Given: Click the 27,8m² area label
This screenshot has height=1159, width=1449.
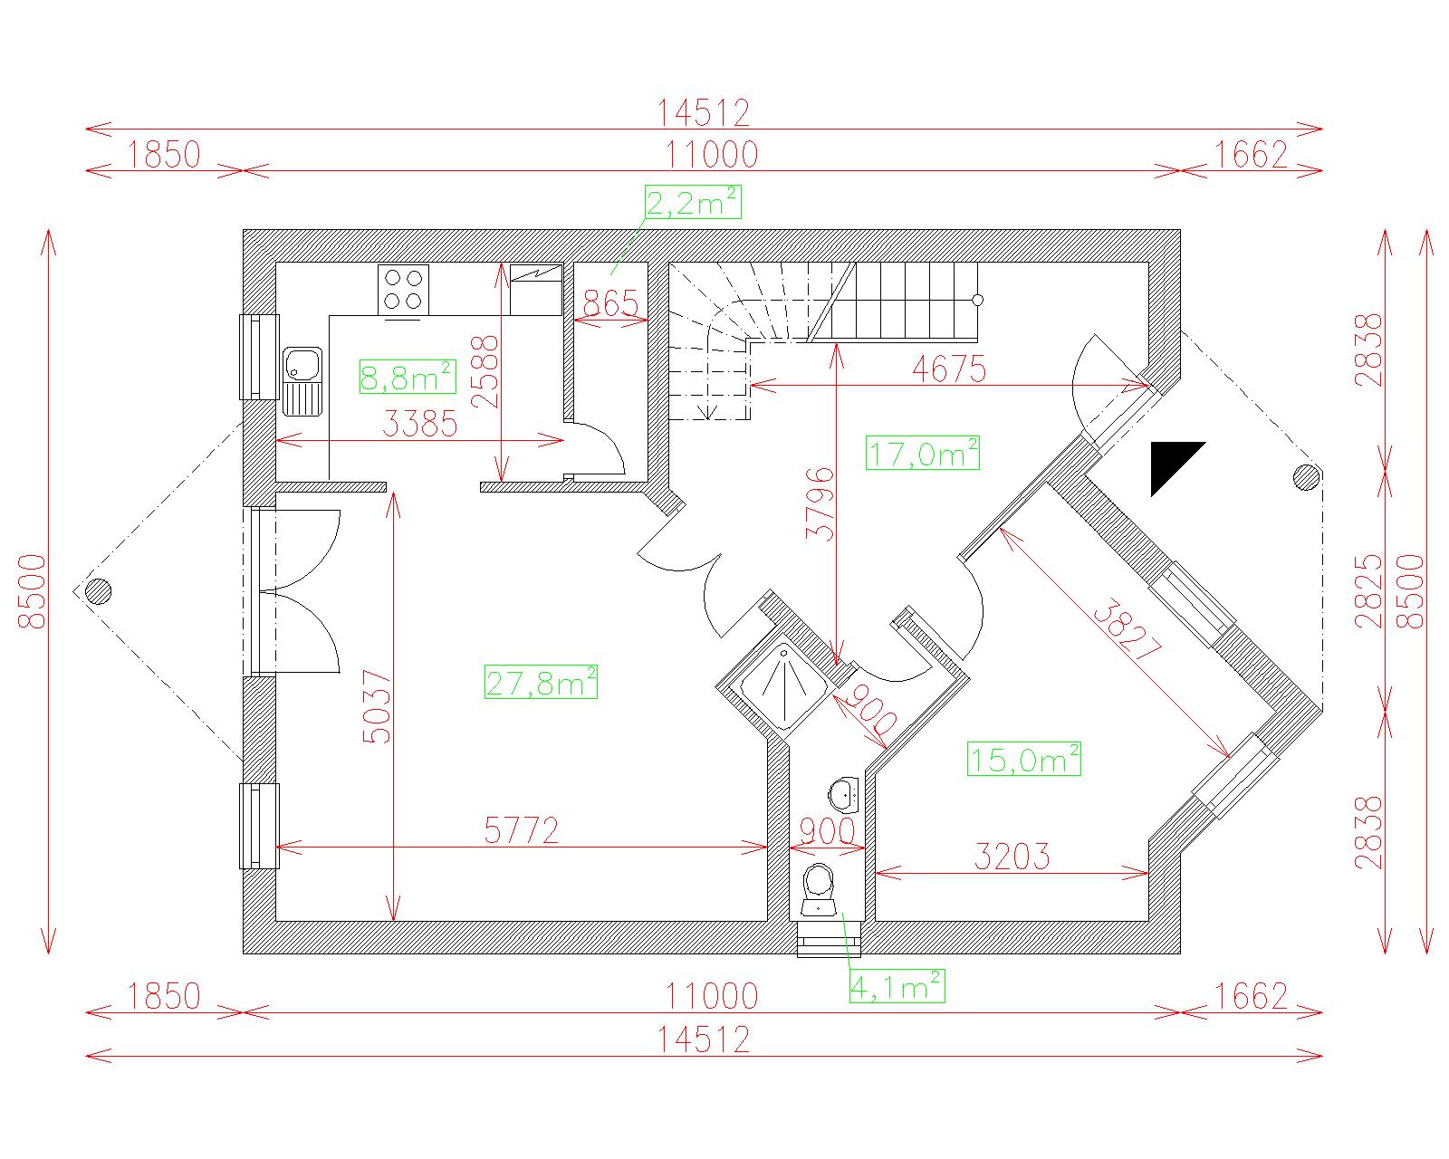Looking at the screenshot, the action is pos(541,682).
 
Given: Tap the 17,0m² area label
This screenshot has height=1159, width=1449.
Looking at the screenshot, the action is pos(923,454).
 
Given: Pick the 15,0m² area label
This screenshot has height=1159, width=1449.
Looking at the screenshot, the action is pos(1024,759).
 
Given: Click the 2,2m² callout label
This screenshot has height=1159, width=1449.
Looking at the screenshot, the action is pos(693,202).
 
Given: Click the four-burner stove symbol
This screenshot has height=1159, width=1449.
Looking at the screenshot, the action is pos(403,290).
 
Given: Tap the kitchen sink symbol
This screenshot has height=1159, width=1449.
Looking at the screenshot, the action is pos(303,381).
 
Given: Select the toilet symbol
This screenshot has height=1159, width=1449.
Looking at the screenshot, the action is pos(819,889).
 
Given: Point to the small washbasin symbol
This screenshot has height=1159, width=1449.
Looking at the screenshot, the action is pos(843,795).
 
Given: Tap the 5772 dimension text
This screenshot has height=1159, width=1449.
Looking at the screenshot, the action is pos(522,830).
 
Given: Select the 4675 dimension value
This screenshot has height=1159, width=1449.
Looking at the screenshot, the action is pos(949,369).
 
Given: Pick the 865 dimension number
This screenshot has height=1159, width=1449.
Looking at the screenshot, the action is pos(610,303).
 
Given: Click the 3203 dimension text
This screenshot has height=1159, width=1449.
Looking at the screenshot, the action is pos(1012,857).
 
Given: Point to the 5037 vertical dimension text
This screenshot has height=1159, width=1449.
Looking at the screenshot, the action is pos(377,706).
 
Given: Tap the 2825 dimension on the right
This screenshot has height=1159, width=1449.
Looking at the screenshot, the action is pos(1368,590).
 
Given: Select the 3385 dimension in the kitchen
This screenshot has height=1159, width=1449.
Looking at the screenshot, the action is pos(419,424).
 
